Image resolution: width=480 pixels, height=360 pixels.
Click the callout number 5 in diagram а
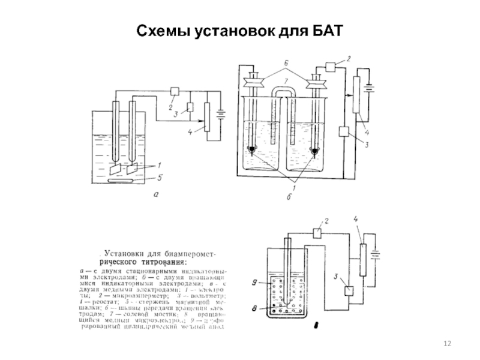(x=160, y=177)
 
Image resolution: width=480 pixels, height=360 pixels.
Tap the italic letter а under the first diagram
(x=156, y=194)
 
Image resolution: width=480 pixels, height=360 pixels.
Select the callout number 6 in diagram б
(x=287, y=63)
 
